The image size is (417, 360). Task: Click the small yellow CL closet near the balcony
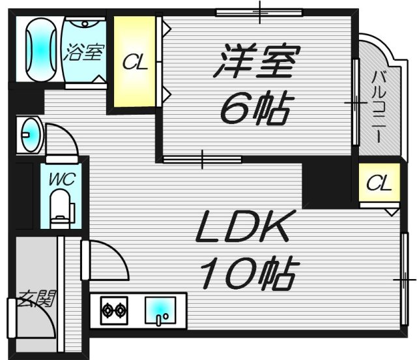(379, 183)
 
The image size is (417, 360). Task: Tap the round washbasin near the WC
(30, 136)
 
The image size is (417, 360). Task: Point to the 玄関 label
(36, 299)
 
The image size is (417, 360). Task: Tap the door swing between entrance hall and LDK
(104, 261)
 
